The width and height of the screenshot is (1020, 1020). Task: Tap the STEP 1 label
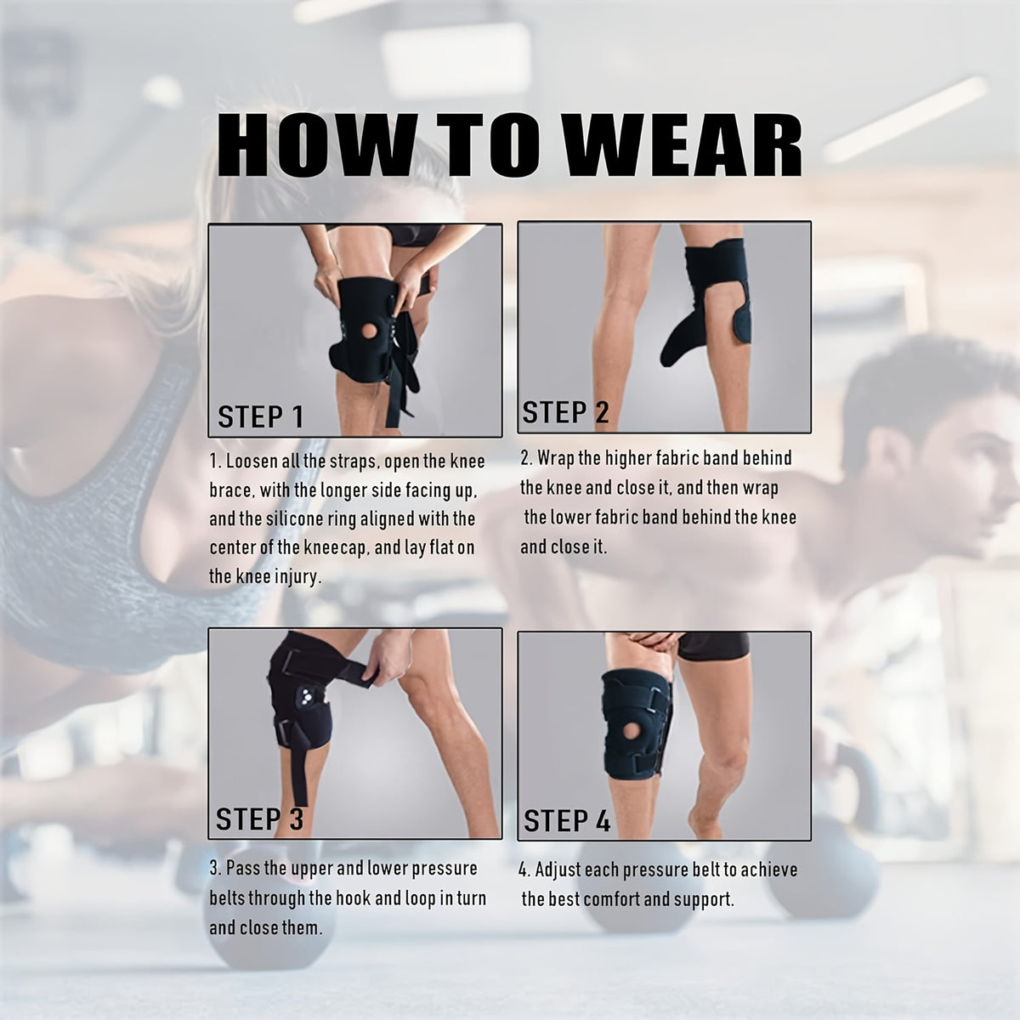[x=260, y=416]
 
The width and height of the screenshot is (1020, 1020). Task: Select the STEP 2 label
[x=565, y=412]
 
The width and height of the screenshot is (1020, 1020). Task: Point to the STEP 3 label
[x=259, y=819]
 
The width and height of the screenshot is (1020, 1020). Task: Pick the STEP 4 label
[x=567, y=821]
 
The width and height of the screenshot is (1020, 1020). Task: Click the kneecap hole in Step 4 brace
[x=640, y=734]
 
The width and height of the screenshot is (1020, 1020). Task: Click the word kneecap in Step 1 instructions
[x=328, y=547]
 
